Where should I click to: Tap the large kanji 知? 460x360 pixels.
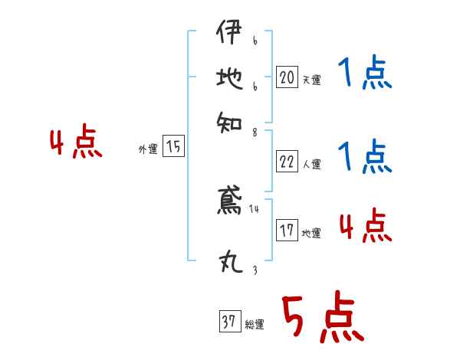pos(229,120)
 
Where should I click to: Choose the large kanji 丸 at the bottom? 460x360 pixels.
pos(229,263)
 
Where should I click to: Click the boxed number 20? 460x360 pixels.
pos(287,77)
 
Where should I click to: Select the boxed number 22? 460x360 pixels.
pos(287,162)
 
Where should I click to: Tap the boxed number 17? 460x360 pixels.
pos(287,231)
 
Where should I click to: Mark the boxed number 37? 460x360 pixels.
pos(228,322)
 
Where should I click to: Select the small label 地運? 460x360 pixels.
pos(311,233)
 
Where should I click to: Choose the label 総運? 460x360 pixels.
pos(254,325)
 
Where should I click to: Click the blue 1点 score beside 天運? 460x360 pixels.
pos(364,75)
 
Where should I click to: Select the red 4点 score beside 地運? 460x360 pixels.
pos(366,226)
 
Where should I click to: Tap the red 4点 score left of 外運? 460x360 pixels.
pos(76,143)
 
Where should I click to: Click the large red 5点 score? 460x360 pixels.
pos(322,318)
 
